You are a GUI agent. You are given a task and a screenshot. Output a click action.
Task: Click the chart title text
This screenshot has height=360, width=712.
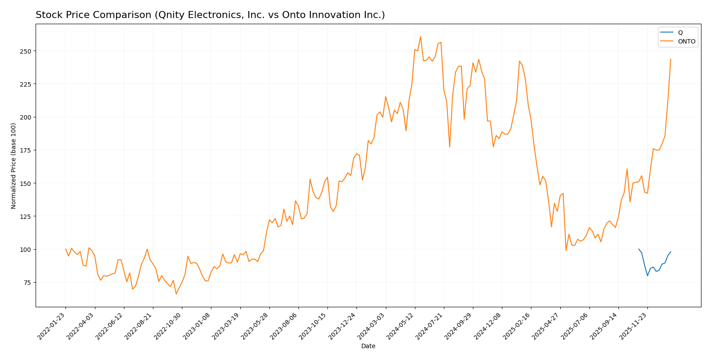[210, 15]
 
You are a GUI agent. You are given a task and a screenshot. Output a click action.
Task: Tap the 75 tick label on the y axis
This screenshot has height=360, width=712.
[28, 283]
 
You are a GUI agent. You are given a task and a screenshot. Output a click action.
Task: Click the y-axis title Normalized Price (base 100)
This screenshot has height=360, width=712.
[14, 166]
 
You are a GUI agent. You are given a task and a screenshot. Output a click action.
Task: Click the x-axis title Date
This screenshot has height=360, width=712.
[368, 346]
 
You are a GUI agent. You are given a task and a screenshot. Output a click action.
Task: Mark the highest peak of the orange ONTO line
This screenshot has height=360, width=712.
[420, 36]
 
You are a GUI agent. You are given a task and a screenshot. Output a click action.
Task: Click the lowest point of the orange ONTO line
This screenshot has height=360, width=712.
[176, 294]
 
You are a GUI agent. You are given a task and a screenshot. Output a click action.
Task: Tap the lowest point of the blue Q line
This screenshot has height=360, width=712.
[647, 276]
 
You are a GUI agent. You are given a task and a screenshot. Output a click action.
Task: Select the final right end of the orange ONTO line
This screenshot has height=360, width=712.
[671, 59]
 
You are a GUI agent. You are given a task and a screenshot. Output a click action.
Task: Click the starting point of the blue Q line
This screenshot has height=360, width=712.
[639, 249]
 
